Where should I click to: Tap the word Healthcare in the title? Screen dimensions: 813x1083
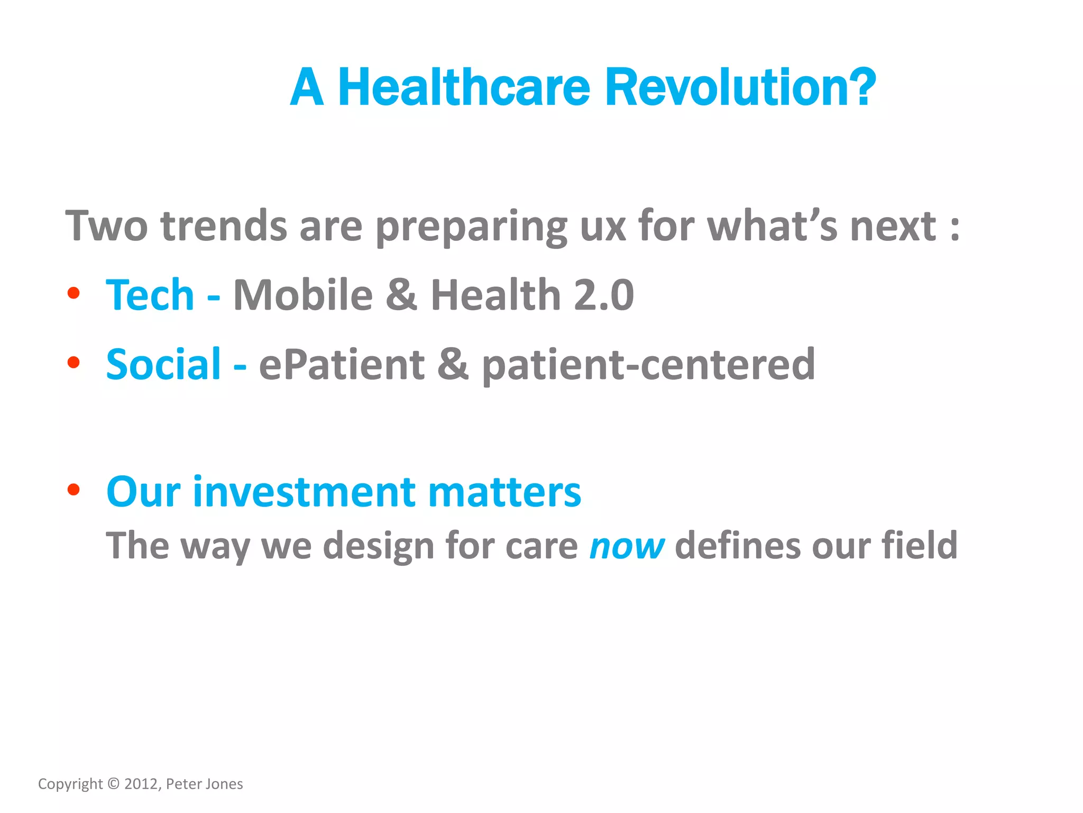(x=463, y=87)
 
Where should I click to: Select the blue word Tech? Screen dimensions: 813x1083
(x=150, y=295)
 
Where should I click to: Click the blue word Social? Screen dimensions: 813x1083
(x=163, y=364)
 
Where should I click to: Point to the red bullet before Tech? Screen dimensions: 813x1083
(x=74, y=293)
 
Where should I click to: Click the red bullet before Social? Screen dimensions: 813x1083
(x=74, y=363)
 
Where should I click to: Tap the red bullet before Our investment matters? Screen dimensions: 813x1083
(x=74, y=490)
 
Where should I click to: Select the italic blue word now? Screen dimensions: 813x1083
(x=627, y=546)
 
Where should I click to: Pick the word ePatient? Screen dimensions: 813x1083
(x=342, y=364)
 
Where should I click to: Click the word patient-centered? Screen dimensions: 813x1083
(x=648, y=364)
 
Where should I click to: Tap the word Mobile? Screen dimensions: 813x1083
(x=303, y=295)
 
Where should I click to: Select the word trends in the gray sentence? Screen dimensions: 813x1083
(x=224, y=226)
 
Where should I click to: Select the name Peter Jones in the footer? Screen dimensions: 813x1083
(x=205, y=784)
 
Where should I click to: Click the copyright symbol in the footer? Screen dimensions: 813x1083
(x=114, y=784)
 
